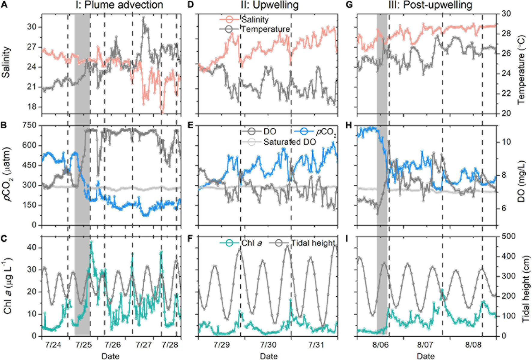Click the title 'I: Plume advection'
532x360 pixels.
tap(119, 5)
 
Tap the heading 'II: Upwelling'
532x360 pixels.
tap(270, 5)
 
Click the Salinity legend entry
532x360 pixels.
tap(255, 20)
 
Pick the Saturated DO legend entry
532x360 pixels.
tap(289, 142)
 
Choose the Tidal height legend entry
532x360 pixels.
tap(313, 243)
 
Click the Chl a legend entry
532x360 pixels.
tap(252, 243)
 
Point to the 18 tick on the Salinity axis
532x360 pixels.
tap(31, 107)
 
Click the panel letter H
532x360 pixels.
tap(349, 125)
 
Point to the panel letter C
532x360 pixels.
tap(4, 239)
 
